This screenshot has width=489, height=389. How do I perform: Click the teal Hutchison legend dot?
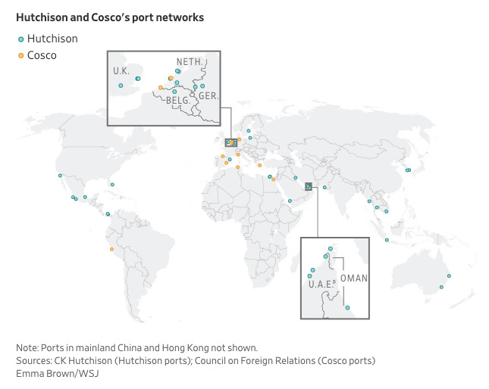[x=21, y=39]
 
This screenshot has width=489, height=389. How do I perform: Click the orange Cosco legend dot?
[x=21, y=54]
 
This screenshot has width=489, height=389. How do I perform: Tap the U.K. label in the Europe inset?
[x=121, y=70]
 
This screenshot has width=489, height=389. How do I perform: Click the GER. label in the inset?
[x=208, y=95]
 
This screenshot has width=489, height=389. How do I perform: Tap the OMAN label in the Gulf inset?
[x=354, y=279]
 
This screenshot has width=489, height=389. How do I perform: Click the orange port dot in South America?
[x=112, y=249]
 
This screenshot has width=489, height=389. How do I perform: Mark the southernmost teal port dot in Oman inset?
[x=347, y=308]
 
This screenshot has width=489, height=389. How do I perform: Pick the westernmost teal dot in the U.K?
[x=121, y=86]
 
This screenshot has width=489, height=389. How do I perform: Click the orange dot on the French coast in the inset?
[x=161, y=88]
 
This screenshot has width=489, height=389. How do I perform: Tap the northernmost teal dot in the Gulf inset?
[x=330, y=249]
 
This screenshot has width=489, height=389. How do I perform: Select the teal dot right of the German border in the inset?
[x=202, y=86]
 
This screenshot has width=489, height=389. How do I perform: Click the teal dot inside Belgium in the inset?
[x=175, y=92]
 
